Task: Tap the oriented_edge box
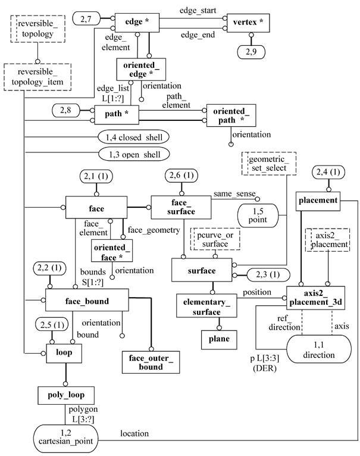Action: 140,68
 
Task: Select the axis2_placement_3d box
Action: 315,297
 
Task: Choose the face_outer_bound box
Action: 152,361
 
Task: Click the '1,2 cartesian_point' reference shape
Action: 65,440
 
